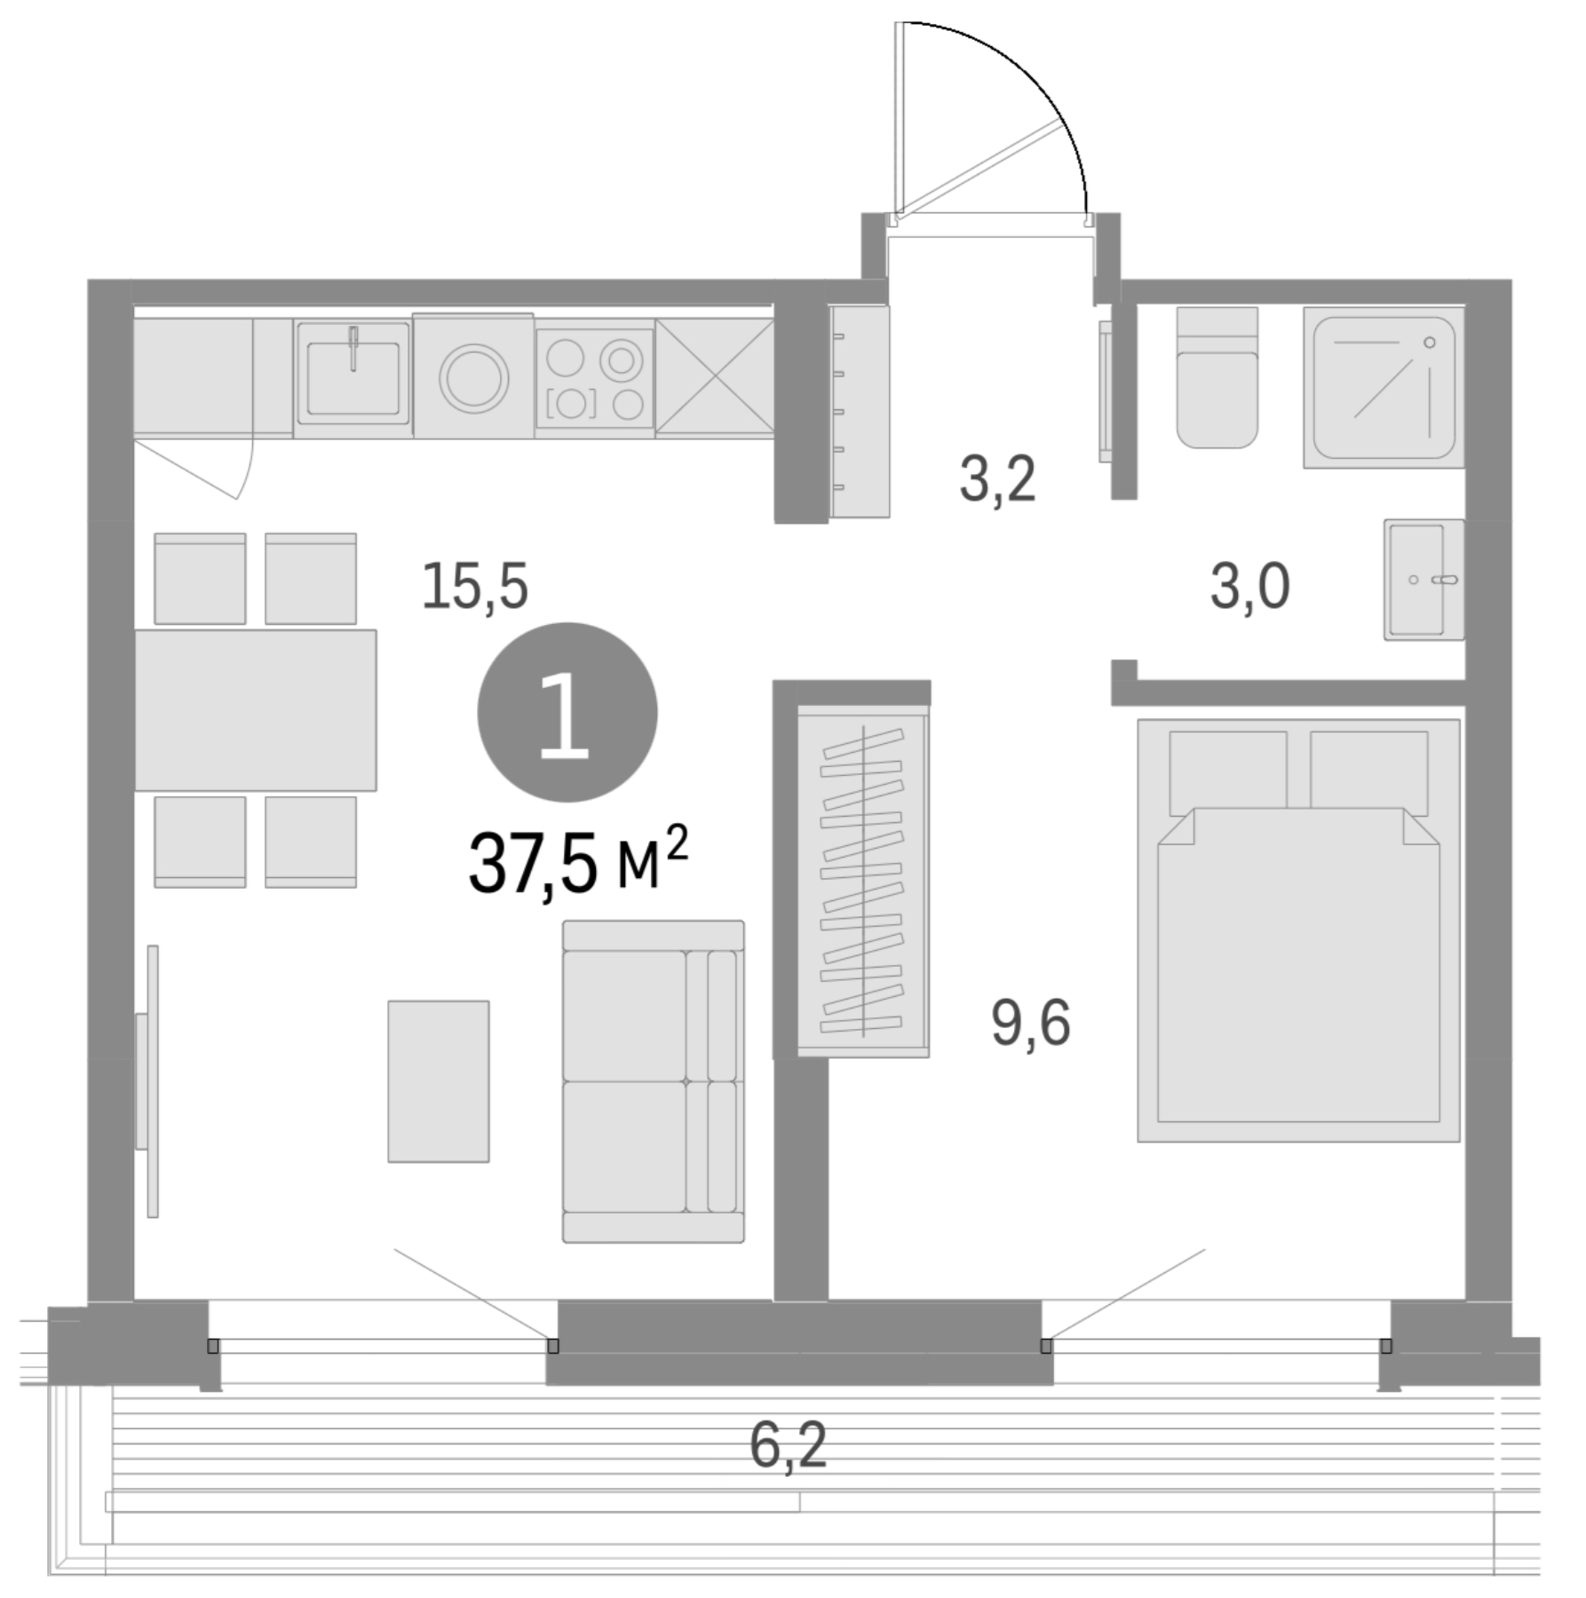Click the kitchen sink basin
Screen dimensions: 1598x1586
click(x=353, y=373)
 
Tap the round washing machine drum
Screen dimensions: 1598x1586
click(x=474, y=376)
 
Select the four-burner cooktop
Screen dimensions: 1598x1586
click(x=594, y=378)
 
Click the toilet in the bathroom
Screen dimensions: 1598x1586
click(x=1217, y=378)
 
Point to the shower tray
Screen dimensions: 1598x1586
click(x=1384, y=387)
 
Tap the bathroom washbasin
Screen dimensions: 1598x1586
click(x=1422, y=579)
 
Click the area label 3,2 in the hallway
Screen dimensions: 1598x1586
click(x=996, y=482)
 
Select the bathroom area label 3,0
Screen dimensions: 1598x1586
click(x=1249, y=588)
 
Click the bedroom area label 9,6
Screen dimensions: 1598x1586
click(x=1030, y=1024)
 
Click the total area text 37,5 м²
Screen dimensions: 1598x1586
click(x=578, y=863)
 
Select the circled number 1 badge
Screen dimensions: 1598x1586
click(x=567, y=713)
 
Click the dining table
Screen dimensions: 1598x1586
click(x=255, y=709)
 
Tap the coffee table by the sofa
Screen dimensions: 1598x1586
click(x=438, y=1080)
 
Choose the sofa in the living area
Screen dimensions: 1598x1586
click(x=653, y=1080)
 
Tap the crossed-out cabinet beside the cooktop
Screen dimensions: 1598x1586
click(x=714, y=378)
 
